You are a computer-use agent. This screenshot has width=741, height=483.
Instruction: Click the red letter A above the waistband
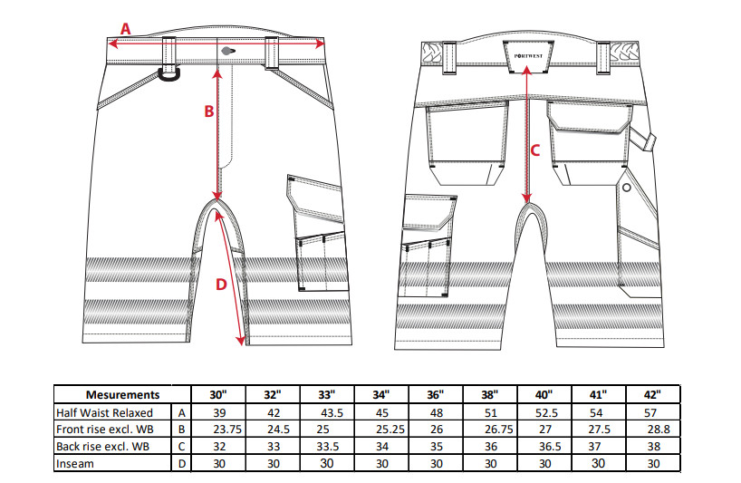pyautogui.click(x=125, y=29)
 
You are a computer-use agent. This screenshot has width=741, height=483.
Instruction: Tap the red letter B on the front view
pyautogui.click(x=209, y=111)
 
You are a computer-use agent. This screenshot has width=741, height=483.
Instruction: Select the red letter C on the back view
pyautogui.click(x=535, y=150)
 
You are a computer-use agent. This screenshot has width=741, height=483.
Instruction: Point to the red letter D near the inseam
pyautogui.click(x=221, y=285)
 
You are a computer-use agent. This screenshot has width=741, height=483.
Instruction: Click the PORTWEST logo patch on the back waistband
pyautogui.click(x=528, y=56)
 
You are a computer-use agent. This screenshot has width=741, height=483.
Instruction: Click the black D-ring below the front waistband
pyautogui.click(x=169, y=75)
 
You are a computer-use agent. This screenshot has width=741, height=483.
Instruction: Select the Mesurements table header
pyautogui.click(x=122, y=394)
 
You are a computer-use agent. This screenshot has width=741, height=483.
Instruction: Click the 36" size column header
pyautogui.click(x=435, y=394)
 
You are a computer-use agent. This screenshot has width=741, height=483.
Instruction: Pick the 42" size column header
pyautogui.click(x=652, y=394)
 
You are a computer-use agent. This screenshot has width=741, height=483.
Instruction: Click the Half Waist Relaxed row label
pyautogui.click(x=104, y=412)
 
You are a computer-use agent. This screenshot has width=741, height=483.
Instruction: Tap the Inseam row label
pyautogui.click(x=74, y=464)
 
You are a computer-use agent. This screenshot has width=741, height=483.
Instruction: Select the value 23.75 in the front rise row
pyautogui.click(x=227, y=430)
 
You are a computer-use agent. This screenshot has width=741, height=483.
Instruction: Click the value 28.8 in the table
pyautogui.click(x=659, y=430)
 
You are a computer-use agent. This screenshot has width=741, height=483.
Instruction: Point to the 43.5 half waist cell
pyautogui.click(x=332, y=412)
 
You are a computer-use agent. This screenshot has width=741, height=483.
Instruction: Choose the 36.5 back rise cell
pyautogui.click(x=550, y=446)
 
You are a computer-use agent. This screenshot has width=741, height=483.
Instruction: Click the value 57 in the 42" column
pyautogui.click(x=650, y=412)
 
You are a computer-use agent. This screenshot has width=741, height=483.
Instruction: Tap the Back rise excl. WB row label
pyautogui.click(x=102, y=446)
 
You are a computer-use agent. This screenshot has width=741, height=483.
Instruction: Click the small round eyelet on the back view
pyautogui.click(x=627, y=188)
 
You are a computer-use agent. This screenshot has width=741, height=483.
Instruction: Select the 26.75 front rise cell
pyautogui.click(x=499, y=430)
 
